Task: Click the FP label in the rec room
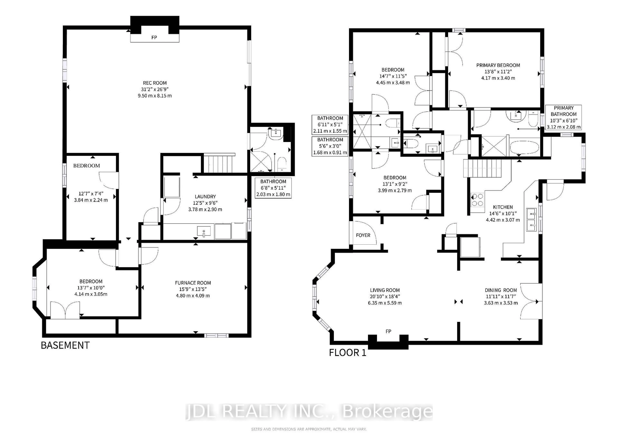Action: point(154,37)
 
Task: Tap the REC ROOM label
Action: point(155,83)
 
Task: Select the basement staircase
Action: point(219,164)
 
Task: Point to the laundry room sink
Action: point(204,231)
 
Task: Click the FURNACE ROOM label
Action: point(193,283)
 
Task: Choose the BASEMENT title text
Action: point(65,345)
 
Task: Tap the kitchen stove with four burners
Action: point(477,200)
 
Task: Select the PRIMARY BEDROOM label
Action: point(498,65)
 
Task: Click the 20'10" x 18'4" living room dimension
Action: point(385,297)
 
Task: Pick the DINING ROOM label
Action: point(501,290)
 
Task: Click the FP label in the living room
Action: point(388,331)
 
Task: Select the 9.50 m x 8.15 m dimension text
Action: point(155,96)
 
